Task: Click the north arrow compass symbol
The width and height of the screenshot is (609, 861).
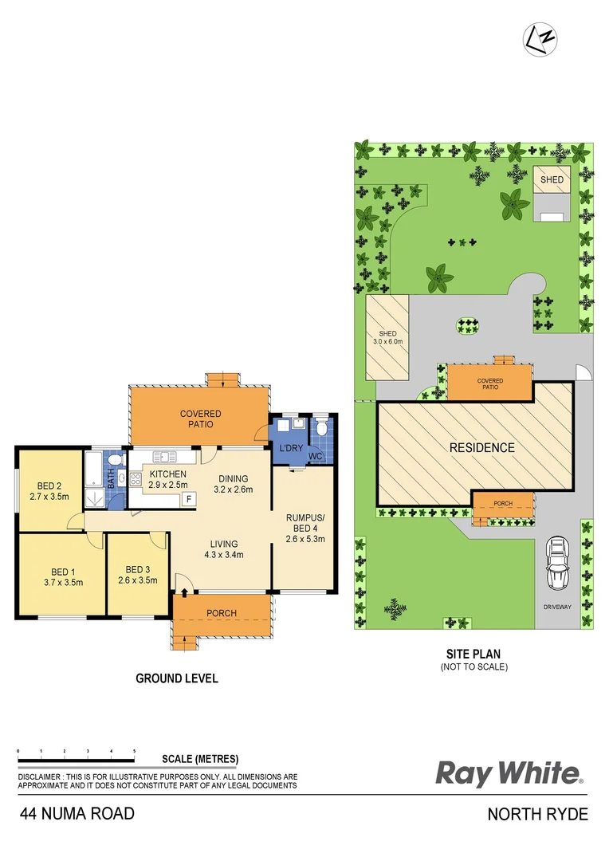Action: click(x=540, y=37)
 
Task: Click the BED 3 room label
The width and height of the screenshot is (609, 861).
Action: click(x=137, y=569)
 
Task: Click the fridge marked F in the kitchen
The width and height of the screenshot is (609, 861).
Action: click(x=189, y=499)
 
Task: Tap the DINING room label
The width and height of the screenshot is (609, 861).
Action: click(x=234, y=478)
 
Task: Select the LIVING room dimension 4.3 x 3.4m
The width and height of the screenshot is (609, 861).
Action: click(x=223, y=555)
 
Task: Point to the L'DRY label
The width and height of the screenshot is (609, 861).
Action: click(x=290, y=448)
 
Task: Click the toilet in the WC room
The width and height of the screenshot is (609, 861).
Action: click(x=322, y=429)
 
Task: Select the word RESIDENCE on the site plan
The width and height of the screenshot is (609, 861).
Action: click(x=482, y=448)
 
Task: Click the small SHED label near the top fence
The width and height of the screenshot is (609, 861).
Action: click(x=552, y=180)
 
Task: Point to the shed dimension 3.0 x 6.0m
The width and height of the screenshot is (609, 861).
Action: click(x=387, y=341)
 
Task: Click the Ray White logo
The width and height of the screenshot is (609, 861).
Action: click(x=509, y=773)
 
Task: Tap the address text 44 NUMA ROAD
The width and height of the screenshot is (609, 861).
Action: click(x=77, y=814)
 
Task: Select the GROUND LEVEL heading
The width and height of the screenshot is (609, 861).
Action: click(x=176, y=678)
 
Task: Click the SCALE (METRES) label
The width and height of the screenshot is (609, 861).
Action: click(x=199, y=759)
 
